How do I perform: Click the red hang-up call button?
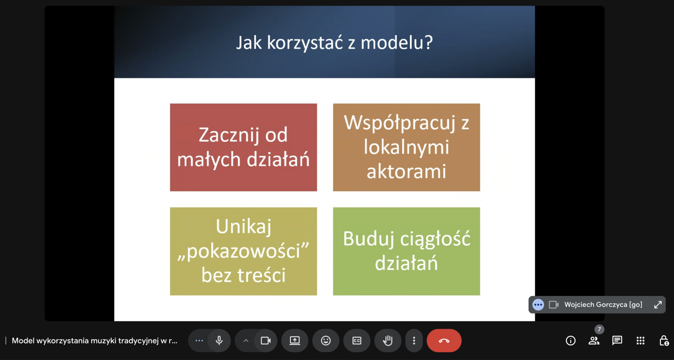tap(444, 340)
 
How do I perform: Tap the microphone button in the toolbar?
tap(219, 340)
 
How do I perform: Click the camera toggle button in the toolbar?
tap(266, 340)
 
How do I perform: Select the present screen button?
tap(295, 340)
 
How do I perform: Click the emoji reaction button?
tap(326, 340)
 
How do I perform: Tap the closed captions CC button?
tap(357, 340)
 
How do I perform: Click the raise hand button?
tap(388, 340)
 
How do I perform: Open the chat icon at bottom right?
tap(617, 340)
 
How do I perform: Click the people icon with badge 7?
tap(594, 340)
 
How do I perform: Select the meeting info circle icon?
tap(570, 340)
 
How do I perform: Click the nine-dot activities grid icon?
tap(640, 340)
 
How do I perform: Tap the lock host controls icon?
tap(664, 340)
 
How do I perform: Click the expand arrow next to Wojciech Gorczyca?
tap(658, 305)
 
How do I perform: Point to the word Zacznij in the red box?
tap(229, 135)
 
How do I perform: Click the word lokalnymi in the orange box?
tap(407, 147)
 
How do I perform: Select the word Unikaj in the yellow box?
tap(244, 227)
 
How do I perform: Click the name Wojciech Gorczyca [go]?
tap(603, 305)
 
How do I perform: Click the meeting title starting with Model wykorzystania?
tap(94, 341)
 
